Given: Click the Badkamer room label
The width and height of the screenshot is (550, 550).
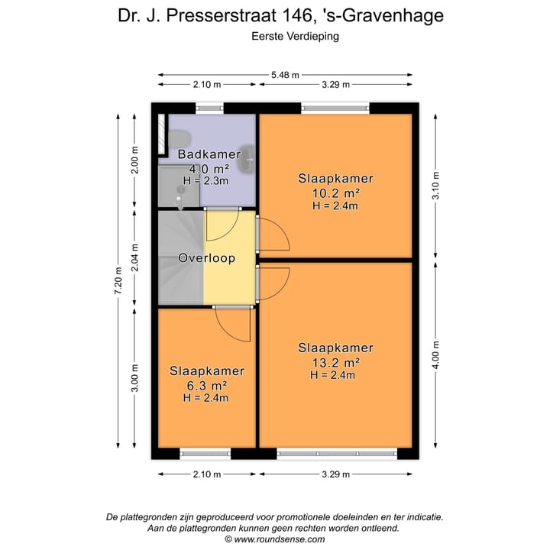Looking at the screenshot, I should pos(209,154).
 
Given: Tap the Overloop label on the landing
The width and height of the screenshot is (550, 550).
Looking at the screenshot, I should pos(206,258).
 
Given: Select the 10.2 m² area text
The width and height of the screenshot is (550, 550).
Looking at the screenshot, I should pos(336,193).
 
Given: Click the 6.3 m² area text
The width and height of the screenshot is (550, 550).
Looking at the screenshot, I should pos(206,385).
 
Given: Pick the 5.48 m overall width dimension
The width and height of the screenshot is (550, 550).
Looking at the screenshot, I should pos(286,75).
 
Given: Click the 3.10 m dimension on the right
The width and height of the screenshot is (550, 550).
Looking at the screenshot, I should pos(435,184).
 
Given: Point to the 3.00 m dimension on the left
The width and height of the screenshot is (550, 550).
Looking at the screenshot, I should pos(135,378).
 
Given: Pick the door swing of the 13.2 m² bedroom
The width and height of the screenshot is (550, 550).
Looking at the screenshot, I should pos(273,283).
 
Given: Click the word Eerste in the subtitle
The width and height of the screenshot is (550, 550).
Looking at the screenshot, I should pos(267,35).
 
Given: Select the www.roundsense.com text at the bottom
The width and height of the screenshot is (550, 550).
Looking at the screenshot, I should pos(279,539).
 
